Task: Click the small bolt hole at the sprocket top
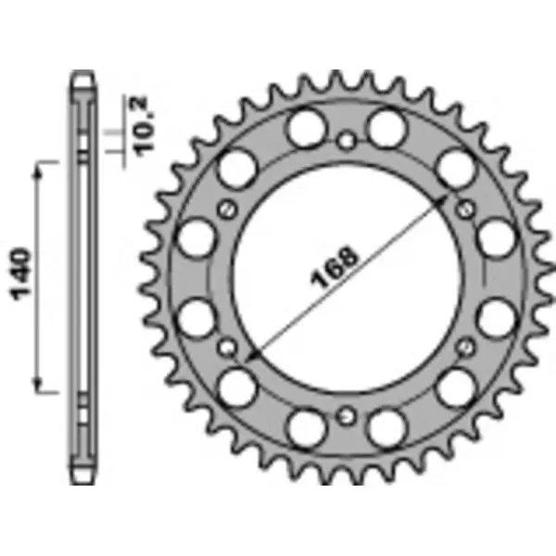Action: tap(347, 142)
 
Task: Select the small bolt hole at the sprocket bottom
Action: tap(347, 414)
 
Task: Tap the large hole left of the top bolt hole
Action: tap(304, 127)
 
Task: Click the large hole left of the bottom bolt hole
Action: tap(304, 428)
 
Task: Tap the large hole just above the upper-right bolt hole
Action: tap(454, 170)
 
